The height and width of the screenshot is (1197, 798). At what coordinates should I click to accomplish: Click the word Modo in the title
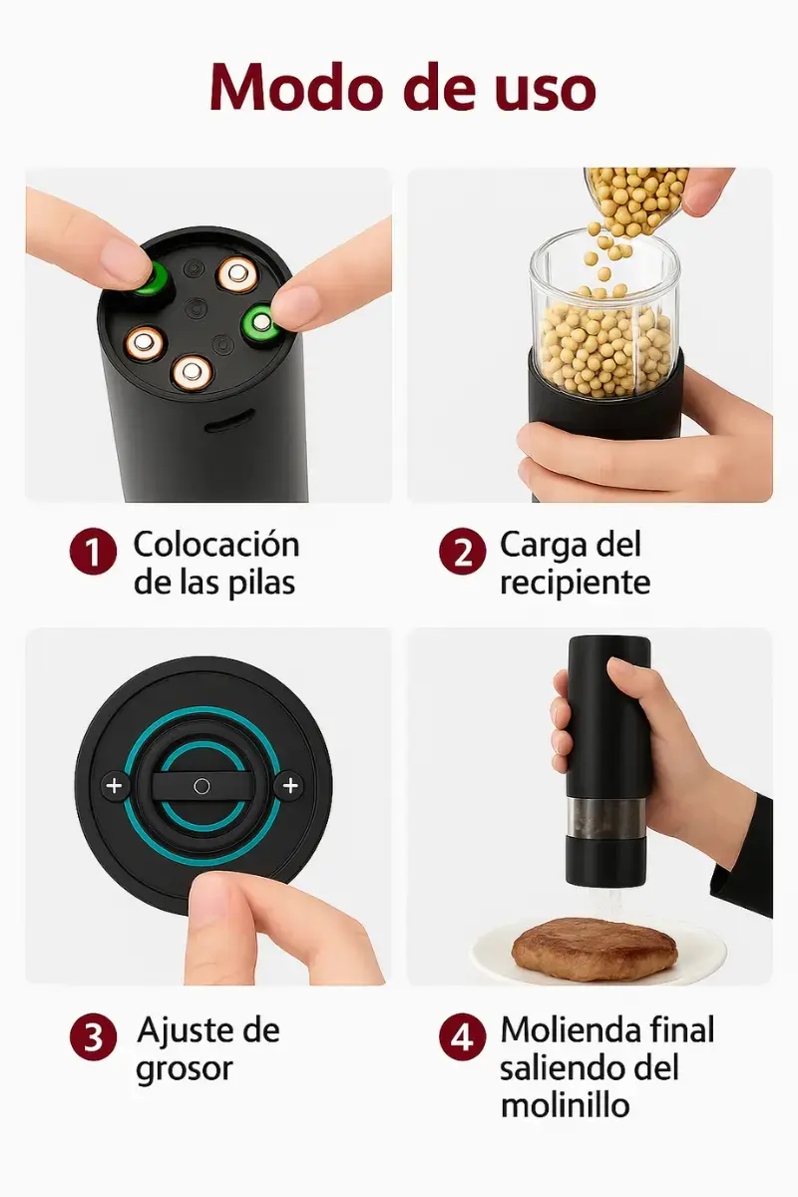295,88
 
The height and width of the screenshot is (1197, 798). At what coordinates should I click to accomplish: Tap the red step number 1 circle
93,552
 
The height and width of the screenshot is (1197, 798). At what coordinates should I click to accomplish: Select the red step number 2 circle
462,552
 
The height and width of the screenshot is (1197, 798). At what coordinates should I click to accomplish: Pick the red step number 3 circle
93,1037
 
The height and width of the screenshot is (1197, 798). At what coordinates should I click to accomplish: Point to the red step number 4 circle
462,1037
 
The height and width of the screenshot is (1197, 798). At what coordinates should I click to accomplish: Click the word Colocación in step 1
216,545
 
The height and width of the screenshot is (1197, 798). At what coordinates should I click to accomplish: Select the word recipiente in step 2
576,584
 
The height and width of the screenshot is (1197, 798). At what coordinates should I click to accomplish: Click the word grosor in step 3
185,1069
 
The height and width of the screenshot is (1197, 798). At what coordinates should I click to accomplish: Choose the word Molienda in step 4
570,1029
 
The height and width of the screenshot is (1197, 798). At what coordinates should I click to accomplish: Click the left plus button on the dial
115,786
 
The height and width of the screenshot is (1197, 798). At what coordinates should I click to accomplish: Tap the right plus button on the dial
289,786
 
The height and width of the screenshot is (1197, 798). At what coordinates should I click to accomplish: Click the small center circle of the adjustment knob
201,786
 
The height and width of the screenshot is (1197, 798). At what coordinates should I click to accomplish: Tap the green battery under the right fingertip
262,322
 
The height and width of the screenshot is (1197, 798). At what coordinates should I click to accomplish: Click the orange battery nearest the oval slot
192,373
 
